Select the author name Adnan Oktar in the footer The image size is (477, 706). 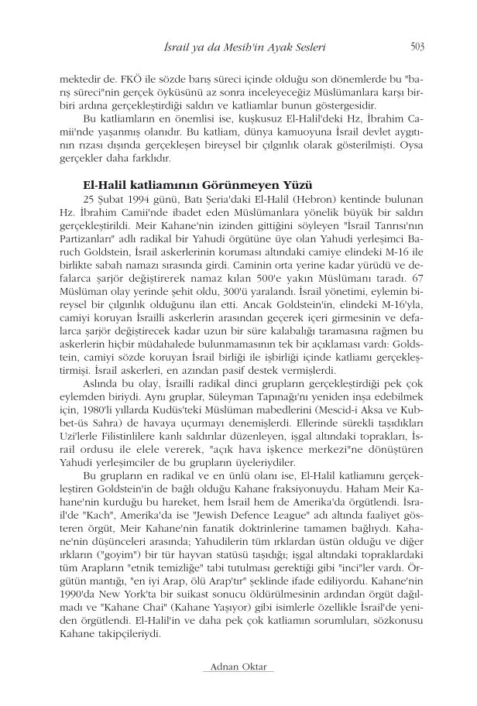pos(238,667)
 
